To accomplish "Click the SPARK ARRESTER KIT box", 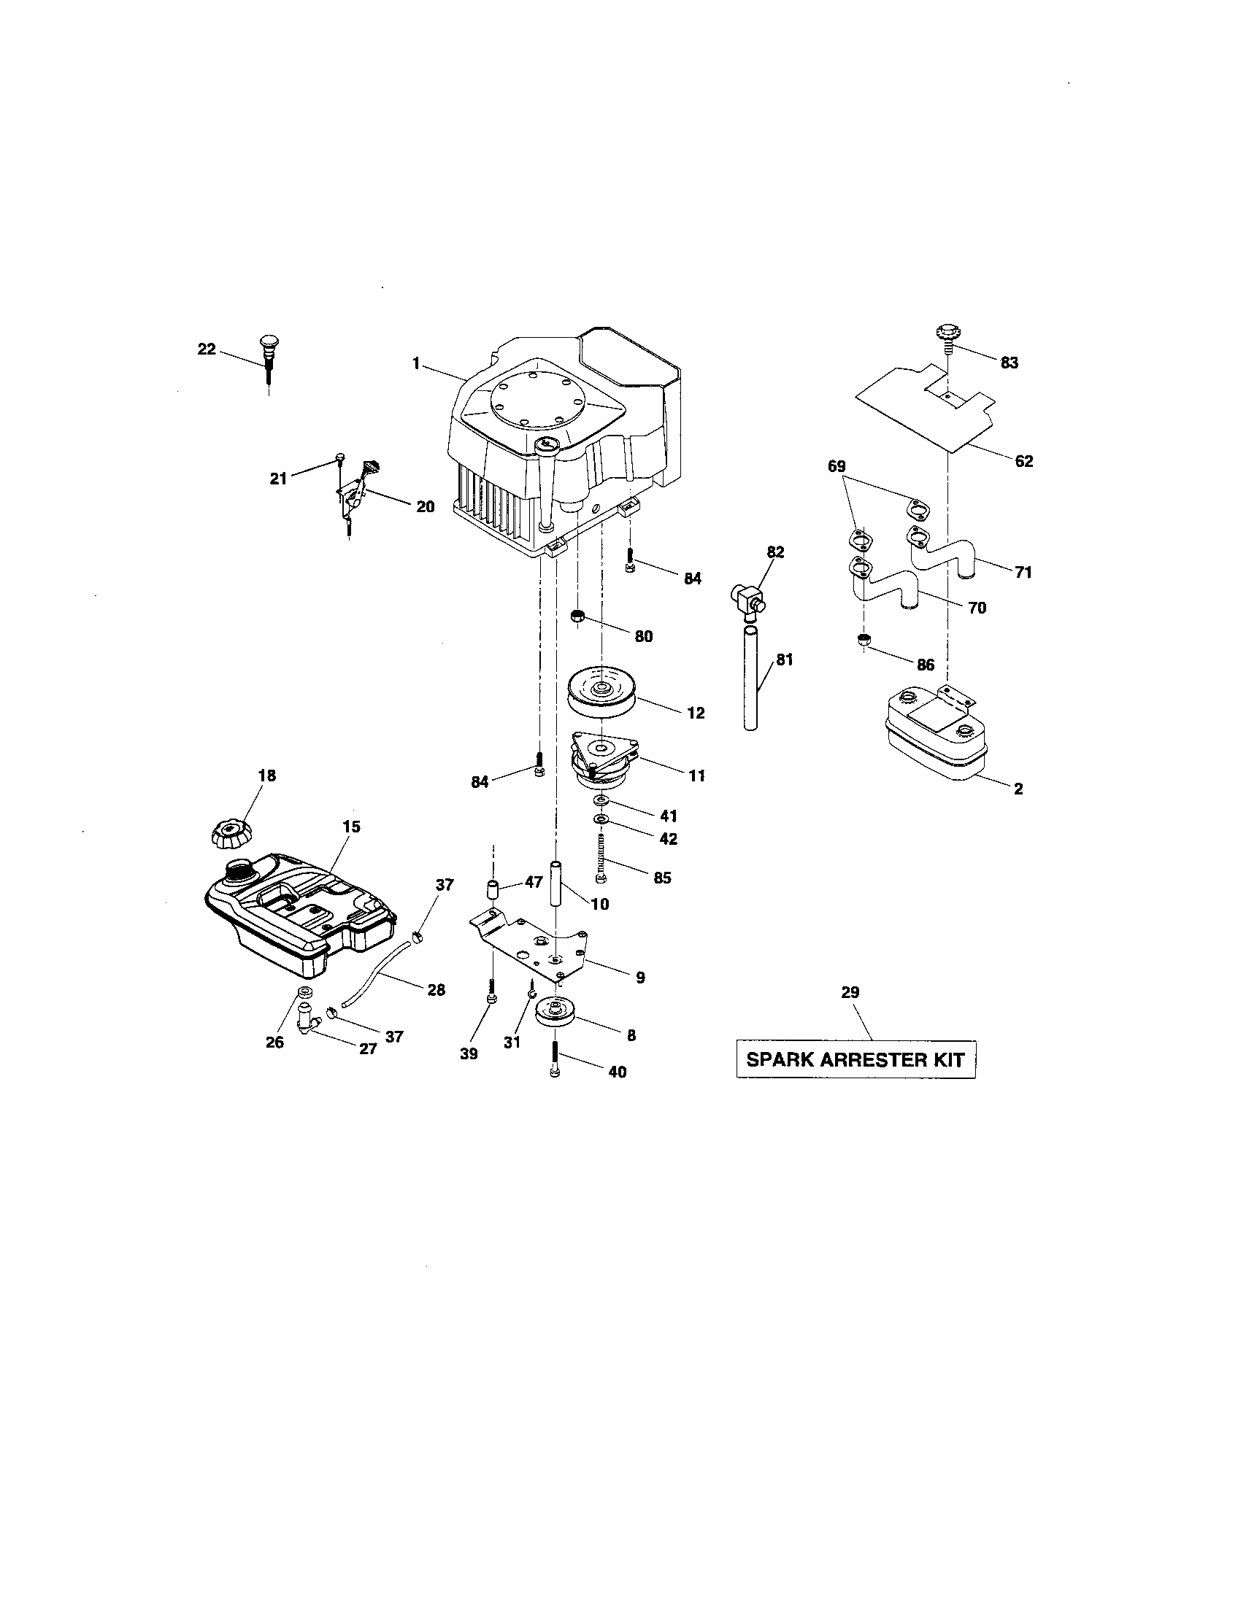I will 856,1060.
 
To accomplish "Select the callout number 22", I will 207,349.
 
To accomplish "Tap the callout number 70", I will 977,608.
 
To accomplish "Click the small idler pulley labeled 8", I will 555,1014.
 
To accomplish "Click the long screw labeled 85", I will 601,859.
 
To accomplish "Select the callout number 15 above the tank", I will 351,827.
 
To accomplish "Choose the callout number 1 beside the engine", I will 416,363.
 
